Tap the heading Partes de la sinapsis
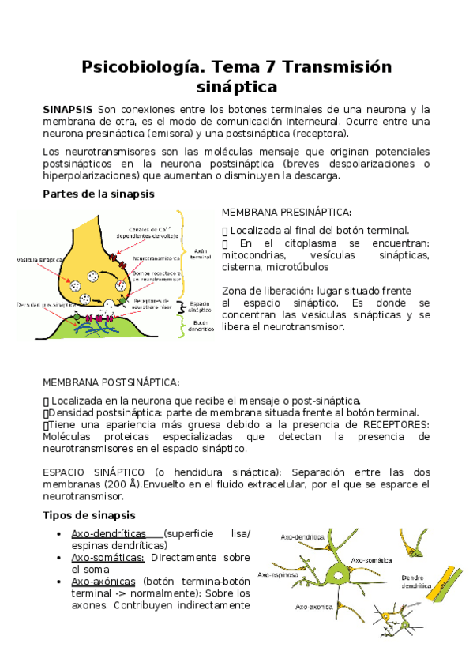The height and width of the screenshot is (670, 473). (x=98, y=194)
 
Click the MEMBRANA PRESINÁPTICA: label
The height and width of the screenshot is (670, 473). (x=286, y=213)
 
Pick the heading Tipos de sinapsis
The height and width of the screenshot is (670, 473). (x=89, y=515)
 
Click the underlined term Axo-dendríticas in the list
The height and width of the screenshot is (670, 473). (x=116, y=533)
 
